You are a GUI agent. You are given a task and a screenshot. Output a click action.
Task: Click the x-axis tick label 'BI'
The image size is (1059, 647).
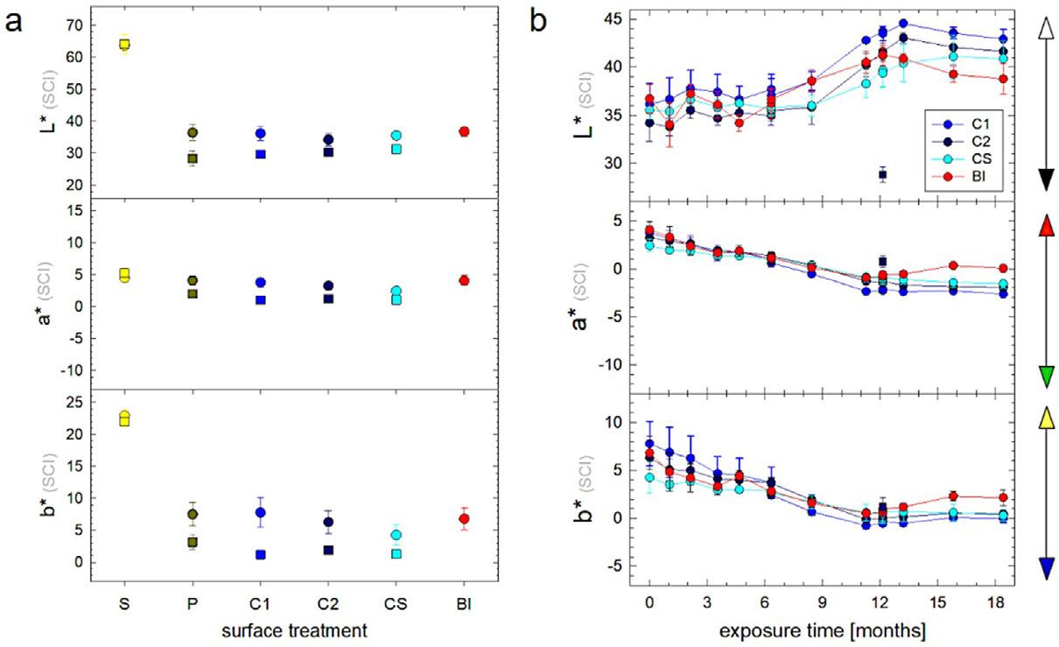pyautogui.click(x=464, y=603)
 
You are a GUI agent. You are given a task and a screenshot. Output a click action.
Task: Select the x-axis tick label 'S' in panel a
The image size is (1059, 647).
pyautogui.click(x=123, y=603)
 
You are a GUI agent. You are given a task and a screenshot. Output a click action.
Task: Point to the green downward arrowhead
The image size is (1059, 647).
pyautogui.click(x=1021, y=376)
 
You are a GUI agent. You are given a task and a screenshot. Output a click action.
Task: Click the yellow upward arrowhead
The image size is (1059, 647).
pyautogui.click(x=1021, y=419)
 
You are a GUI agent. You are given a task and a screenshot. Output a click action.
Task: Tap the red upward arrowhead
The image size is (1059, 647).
pyautogui.click(x=1021, y=226)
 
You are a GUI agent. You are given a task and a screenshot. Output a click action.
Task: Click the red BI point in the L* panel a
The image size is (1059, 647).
pyautogui.click(x=464, y=131)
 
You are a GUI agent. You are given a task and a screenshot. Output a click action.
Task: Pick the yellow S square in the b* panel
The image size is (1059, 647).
pyautogui.click(x=124, y=419)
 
